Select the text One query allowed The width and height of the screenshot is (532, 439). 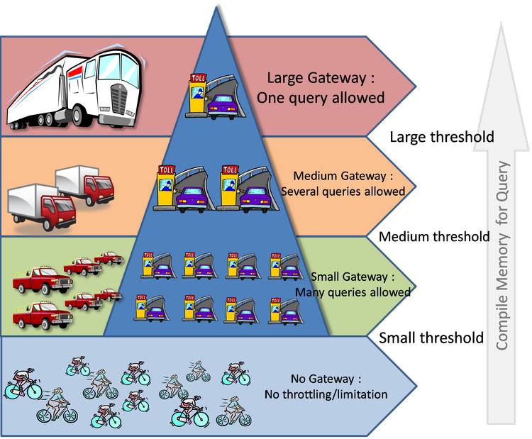[321, 97]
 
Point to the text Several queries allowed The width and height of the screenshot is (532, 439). [343, 191]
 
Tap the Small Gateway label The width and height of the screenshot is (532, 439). [352, 277]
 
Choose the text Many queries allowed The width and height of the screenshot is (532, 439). [353, 292]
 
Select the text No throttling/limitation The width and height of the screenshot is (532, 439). [326, 394]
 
